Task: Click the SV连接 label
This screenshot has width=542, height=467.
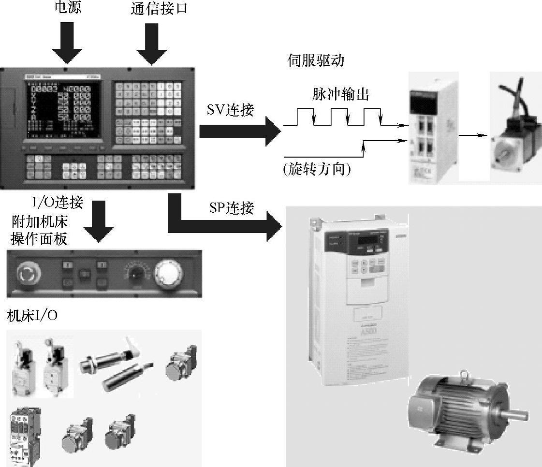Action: pyautogui.click(x=231, y=110)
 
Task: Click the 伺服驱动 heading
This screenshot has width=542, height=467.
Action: pyautogui.click(x=315, y=61)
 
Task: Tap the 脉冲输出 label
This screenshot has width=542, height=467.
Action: pyautogui.click(x=340, y=95)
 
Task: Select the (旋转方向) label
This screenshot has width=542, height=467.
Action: pyautogui.click(x=317, y=169)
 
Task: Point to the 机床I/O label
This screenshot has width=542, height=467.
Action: pyautogui.click(x=32, y=315)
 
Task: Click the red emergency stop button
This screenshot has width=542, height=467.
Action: pyautogui.click(x=26, y=274)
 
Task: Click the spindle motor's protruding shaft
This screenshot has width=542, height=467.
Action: pyautogui.click(x=518, y=414)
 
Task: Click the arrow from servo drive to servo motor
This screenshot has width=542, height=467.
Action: pyautogui.click(x=472, y=135)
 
